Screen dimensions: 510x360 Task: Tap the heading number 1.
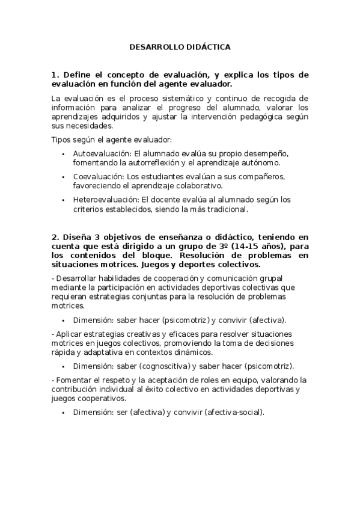point(54,75)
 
